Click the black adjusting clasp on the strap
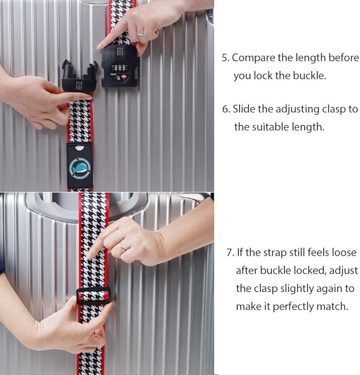[x=93, y=295]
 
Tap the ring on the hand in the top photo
[x=141, y=36]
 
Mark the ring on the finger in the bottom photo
[x=123, y=247]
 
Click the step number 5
[x=224, y=58]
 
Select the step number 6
[x=225, y=109]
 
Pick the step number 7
[x=229, y=252]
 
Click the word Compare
[x=252, y=58]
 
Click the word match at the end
[x=335, y=307]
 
